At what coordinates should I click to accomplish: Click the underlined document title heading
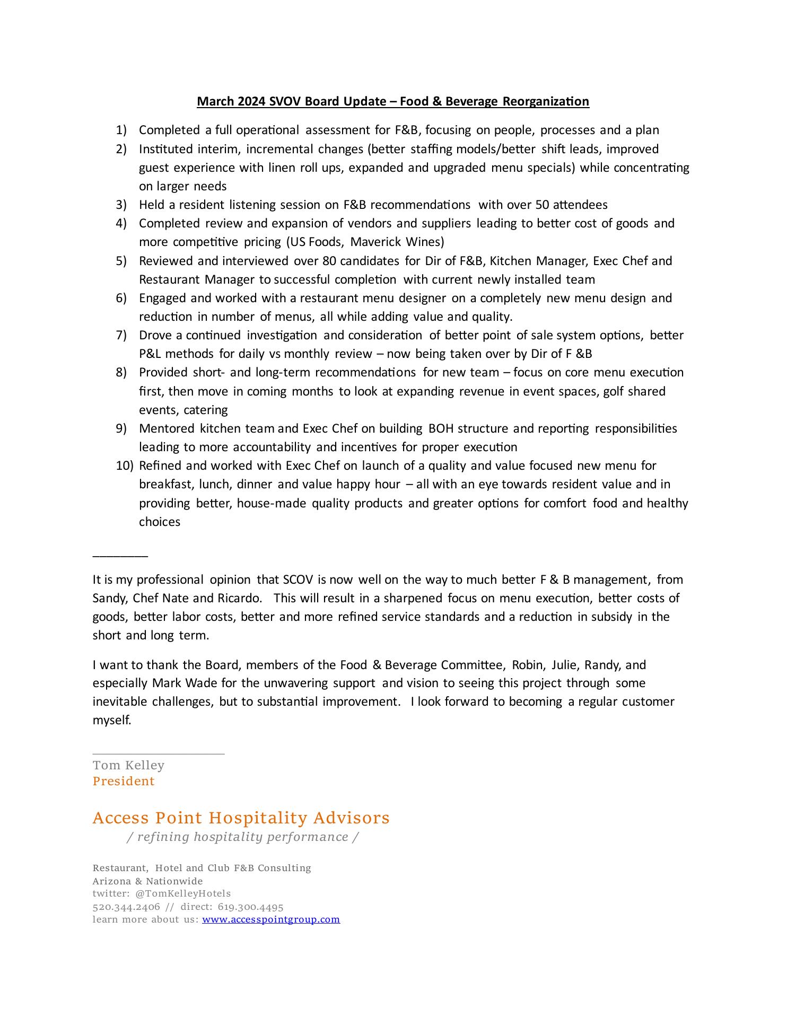pos(392,101)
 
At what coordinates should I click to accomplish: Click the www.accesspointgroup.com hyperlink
pos(270,919)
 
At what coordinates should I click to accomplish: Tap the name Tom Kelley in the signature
pos(128,765)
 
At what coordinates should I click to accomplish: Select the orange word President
pos(124,781)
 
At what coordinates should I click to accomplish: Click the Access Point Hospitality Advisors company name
pos(241,818)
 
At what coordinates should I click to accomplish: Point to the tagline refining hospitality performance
pos(243,837)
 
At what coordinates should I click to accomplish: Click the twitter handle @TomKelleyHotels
pos(183,893)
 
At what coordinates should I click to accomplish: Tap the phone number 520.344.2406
pos(126,907)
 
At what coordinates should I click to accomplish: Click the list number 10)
pos(125,466)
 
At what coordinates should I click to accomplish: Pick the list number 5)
pos(121,261)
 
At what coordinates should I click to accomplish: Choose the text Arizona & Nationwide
pos(147,881)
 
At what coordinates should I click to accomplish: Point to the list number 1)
pos(121,130)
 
